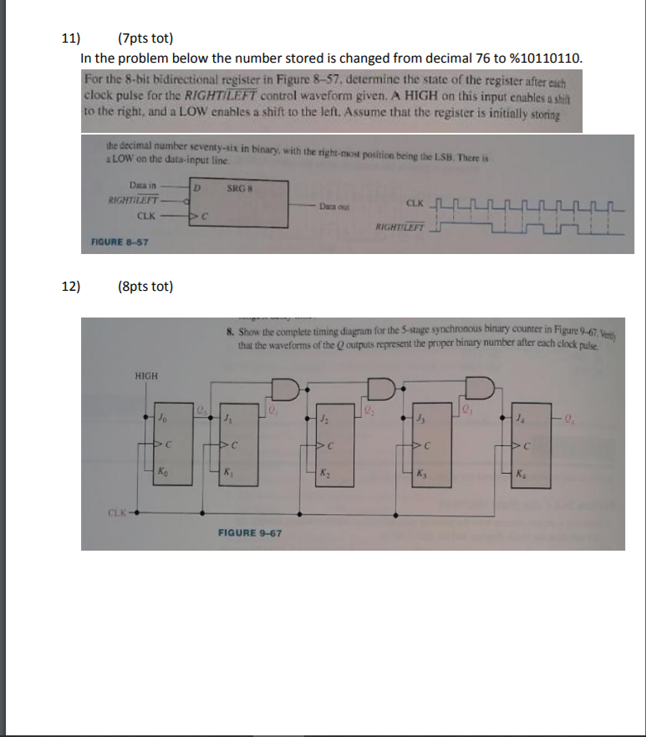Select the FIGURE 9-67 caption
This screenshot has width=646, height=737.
tap(249, 531)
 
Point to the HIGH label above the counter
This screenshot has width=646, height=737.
tap(145, 376)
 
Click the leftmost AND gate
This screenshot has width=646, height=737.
tap(284, 389)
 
